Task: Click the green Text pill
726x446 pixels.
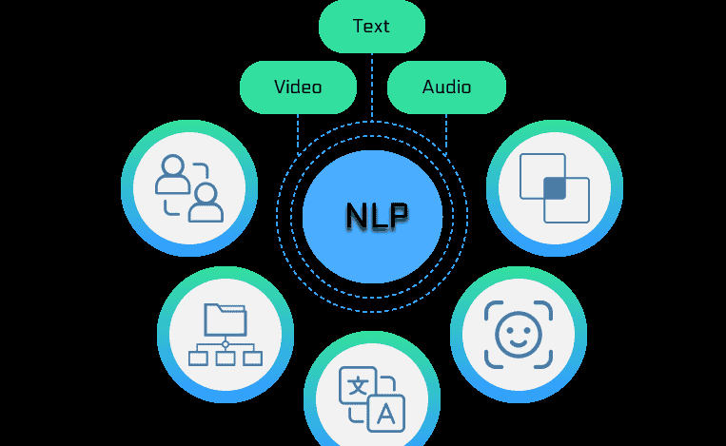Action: tap(371, 27)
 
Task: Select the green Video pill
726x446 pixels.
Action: tap(298, 87)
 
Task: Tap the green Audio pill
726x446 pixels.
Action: tap(446, 87)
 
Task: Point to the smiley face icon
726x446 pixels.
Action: tap(518, 333)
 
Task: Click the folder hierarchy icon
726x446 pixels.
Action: tap(226, 334)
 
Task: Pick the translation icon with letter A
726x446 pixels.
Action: tap(372, 398)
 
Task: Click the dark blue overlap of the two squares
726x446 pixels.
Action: tap(555, 188)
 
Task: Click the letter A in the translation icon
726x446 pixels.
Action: tap(386, 413)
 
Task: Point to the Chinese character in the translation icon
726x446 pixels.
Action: tap(358, 385)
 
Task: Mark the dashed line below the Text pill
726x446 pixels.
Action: tap(371, 86)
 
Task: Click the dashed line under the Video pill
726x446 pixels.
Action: tap(298, 133)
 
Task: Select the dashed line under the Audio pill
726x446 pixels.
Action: tap(446, 133)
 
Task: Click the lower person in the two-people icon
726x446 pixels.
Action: tap(206, 203)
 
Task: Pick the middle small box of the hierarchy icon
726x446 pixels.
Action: tap(226, 358)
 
